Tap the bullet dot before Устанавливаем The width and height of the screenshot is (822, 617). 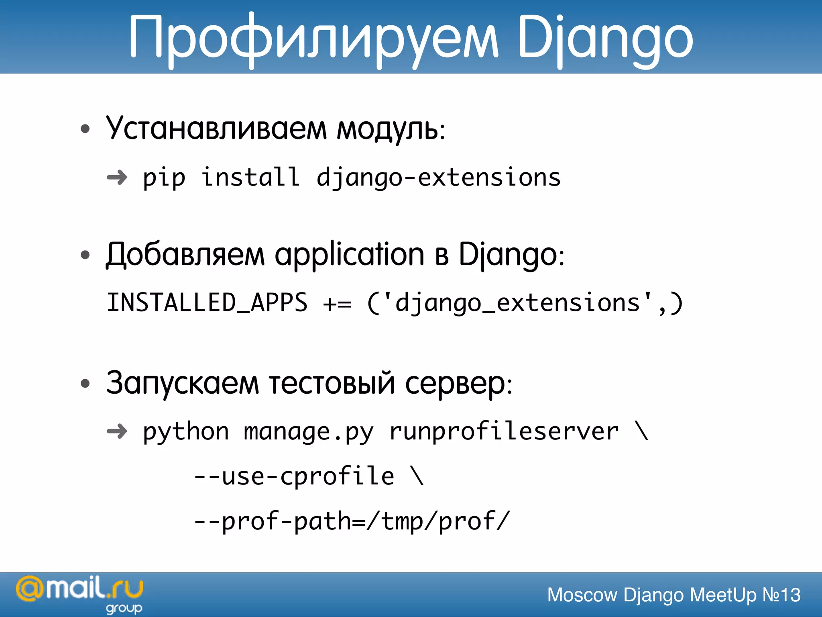pos(85,129)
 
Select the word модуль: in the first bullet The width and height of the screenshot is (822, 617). pos(391,130)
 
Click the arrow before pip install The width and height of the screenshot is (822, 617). pos(117,177)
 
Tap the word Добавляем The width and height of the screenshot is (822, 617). pos(185,255)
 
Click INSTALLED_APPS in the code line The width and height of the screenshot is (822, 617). pos(207,302)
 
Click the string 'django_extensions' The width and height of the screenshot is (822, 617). pos(518,303)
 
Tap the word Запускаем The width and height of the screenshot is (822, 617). pos(183,383)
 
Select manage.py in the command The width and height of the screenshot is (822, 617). pos(309,432)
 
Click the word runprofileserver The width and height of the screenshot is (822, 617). pos(504,432)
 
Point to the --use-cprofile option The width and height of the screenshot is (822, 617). pos(294,477)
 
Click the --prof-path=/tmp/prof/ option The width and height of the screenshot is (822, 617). pos(352,522)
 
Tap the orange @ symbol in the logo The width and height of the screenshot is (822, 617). pos(30,589)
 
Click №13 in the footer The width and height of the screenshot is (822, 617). pos(781,595)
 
